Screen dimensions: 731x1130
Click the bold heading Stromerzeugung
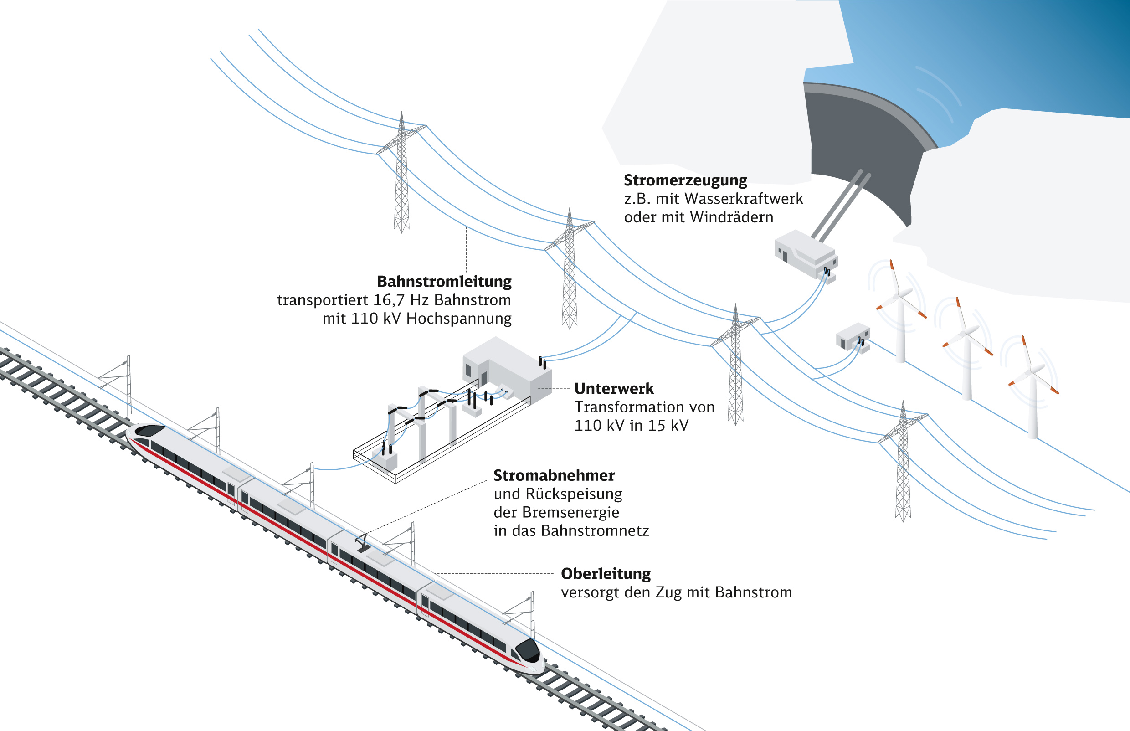(685, 180)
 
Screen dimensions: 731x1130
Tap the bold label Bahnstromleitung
(444, 282)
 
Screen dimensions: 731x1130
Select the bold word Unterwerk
(614, 389)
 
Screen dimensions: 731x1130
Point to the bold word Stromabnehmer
(554, 475)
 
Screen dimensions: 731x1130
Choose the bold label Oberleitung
(606, 573)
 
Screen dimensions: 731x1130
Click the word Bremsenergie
(570, 512)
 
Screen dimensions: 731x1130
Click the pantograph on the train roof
(363, 543)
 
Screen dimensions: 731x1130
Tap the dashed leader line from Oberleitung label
(493, 573)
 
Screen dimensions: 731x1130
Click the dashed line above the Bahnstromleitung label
(466, 249)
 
